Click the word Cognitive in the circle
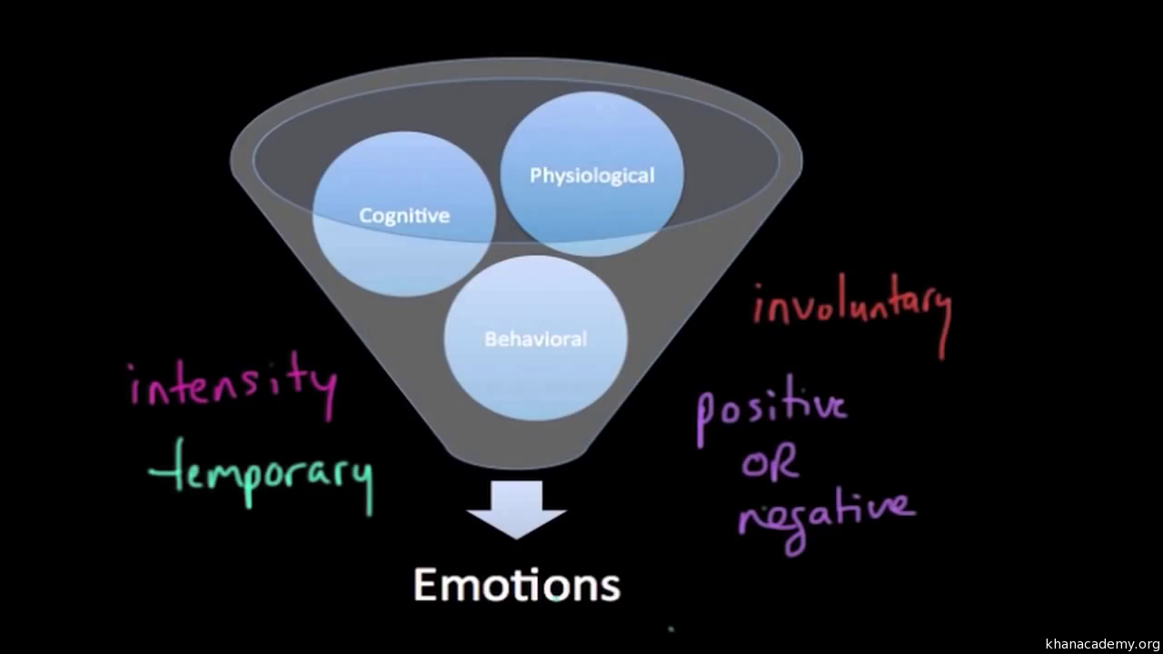pyautogui.click(x=404, y=216)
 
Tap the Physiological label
pyautogui.click(x=591, y=175)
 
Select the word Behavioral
pyautogui.click(x=535, y=340)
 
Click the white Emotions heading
pyautogui.click(x=517, y=584)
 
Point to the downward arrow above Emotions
pyautogui.click(x=516, y=509)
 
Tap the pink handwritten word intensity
pyautogui.click(x=233, y=386)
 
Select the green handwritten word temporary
pyautogui.click(x=262, y=472)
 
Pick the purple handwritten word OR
pyautogui.click(x=770, y=464)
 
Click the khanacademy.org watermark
pyautogui.click(x=1101, y=644)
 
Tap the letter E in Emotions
pyautogui.click(x=428, y=585)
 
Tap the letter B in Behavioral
pyautogui.click(x=492, y=340)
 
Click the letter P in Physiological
pyautogui.click(x=536, y=175)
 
